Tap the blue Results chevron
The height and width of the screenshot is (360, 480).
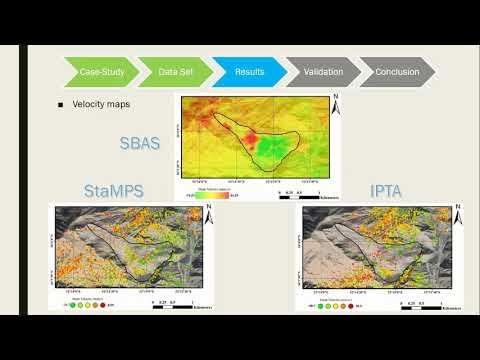[248, 72]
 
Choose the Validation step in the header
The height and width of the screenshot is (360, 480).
[322, 72]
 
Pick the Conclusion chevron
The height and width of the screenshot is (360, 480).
[397, 72]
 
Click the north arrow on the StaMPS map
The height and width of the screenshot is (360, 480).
[206, 213]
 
